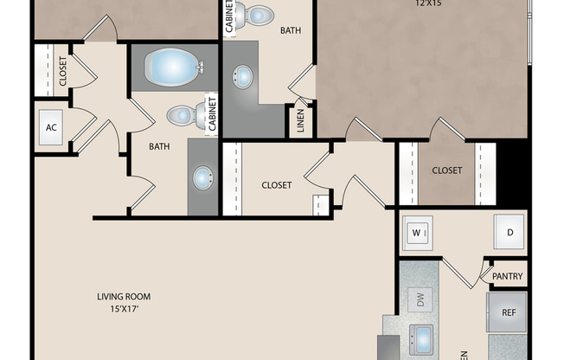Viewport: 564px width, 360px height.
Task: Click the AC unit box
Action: [51, 128]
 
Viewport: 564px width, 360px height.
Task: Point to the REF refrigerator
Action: [508, 312]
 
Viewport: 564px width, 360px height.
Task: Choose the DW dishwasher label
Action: [421, 300]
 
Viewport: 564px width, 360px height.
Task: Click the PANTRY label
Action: [507, 277]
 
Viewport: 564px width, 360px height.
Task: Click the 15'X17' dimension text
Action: [124, 309]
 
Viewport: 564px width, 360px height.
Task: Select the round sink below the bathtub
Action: [202, 179]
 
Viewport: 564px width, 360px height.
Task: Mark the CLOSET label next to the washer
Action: [446, 170]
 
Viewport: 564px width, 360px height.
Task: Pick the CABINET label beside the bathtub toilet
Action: [211, 113]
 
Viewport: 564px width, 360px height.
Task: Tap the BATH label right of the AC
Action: [159, 147]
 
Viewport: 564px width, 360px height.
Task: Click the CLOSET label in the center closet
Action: [277, 184]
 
